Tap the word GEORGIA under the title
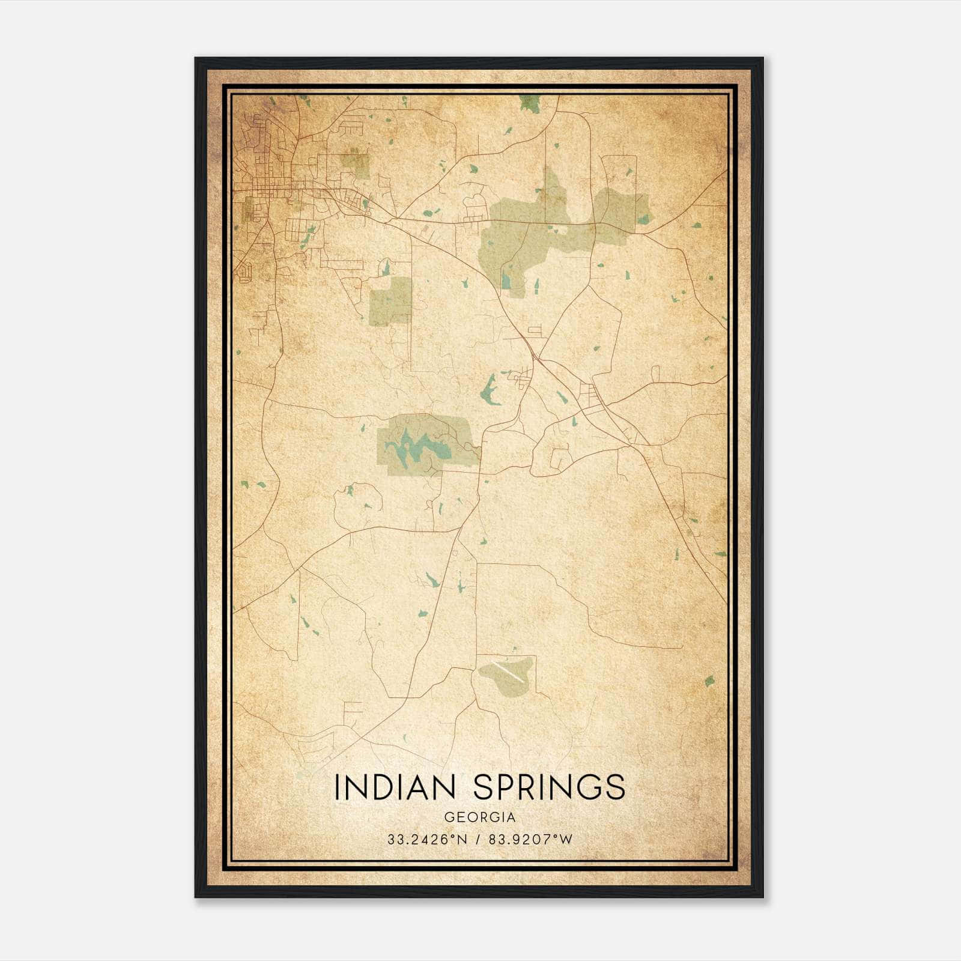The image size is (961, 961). pyautogui.click(x=480, y=817)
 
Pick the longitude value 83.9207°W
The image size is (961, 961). pyautogui.click(x=530, y=839)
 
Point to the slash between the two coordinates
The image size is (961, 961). pyautogui.click(x=476, y=839)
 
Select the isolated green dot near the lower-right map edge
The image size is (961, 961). pyautogui.click(x=709, y=681)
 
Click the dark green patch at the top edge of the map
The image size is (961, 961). pyautogui.click(x=529, y=103)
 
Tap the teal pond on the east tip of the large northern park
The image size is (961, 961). pyautogui.click(x=644, y=219)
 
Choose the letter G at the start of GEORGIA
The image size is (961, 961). pyautogui.click(x=448, y=817)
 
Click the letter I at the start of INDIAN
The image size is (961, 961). pyautogui.click(x=337, y=787)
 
